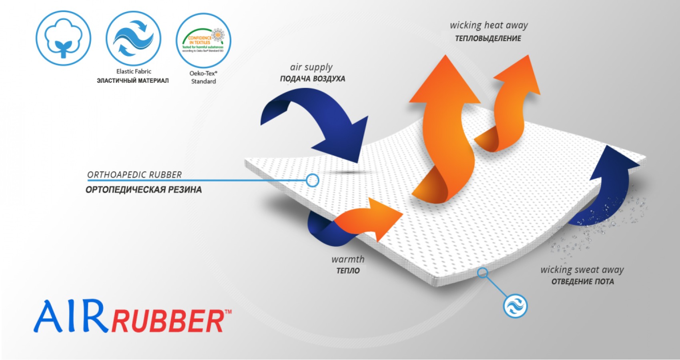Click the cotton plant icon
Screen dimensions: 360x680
pos(63,39)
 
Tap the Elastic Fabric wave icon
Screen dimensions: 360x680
pos(133,39)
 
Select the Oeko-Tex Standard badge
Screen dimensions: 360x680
pos(203,40)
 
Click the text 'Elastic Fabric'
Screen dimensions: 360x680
pos(134,72)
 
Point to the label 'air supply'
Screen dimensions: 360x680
pos(311,67)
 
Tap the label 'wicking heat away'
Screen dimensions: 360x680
pos(489,26)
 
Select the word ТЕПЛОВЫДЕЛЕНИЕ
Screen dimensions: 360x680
pos(488,39)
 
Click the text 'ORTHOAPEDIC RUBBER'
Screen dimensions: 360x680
pos(134,175)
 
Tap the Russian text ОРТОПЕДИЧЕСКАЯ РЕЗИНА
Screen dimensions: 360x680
pos(143,190)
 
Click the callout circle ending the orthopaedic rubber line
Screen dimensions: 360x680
pos(312,180)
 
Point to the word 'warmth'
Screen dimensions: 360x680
pos(348,259)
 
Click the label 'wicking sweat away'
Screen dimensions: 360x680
pos(582,270)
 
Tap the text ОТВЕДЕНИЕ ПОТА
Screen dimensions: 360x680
pos(582,282)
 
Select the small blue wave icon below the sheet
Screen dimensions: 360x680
pos(515,306)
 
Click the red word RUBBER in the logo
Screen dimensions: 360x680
pos(168,321)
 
